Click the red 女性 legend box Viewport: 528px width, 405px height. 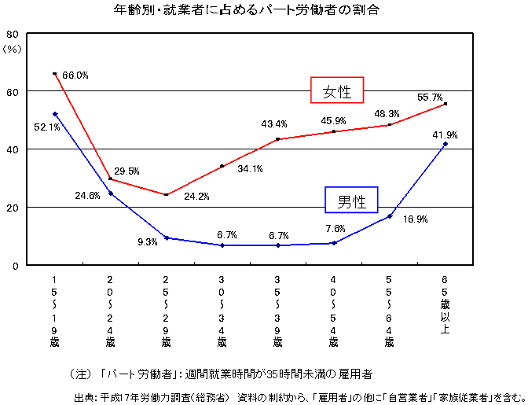336,90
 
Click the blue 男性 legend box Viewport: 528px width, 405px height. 351,201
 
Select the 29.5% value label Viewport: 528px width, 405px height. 126,171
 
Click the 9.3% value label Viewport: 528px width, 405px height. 147,242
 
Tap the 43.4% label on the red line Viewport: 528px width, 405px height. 274,124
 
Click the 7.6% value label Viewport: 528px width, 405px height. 334,229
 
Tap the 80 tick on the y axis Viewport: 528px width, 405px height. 13,34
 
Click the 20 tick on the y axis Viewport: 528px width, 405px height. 13,207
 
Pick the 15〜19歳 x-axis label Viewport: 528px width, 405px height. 54,311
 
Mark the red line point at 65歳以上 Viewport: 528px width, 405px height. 445,104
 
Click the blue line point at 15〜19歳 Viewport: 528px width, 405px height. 54,114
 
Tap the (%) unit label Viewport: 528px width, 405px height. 13,49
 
